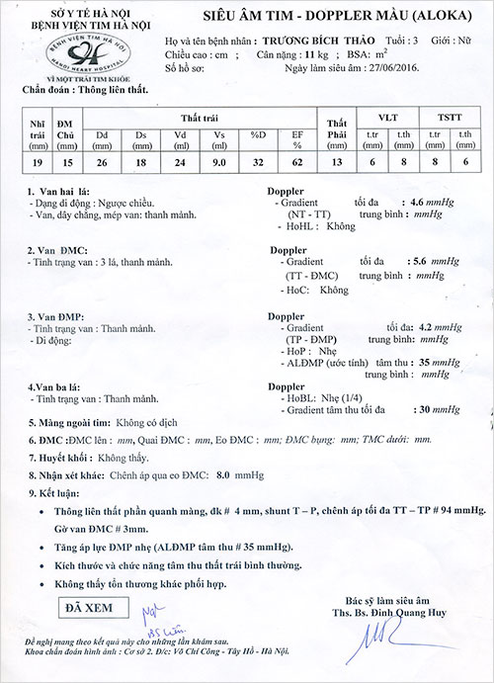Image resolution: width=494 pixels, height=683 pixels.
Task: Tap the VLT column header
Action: tap(386, 117)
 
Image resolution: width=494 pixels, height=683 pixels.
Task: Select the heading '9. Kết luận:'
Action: tap(52, 492)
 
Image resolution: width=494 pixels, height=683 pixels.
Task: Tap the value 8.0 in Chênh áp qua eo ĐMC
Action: tap(223, 475)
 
